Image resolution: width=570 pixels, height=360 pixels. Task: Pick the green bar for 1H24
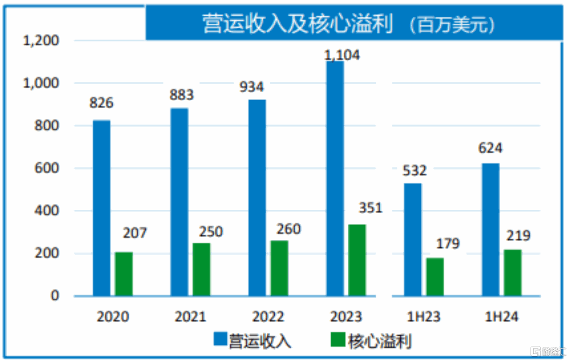pyautogui.click(x=512, y=272)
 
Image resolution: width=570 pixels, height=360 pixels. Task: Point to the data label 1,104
pyautogui.click(x=342, y=54)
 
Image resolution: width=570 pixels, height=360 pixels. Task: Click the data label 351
pyautogui.click(x=370, y=207)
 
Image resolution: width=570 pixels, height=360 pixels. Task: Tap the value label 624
pyautogui.click(x=490, y=148)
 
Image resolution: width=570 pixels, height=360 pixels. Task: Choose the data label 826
pyautogui.click(x=102, y=103)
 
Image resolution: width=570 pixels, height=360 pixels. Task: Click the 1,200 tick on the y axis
pyautogui.click(x=41, y=41)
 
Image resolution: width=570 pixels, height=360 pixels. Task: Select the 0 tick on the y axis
pyautogui.click(x=54, y=296)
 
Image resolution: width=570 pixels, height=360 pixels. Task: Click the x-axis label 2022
pyautogui.click(x=268, y=317)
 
